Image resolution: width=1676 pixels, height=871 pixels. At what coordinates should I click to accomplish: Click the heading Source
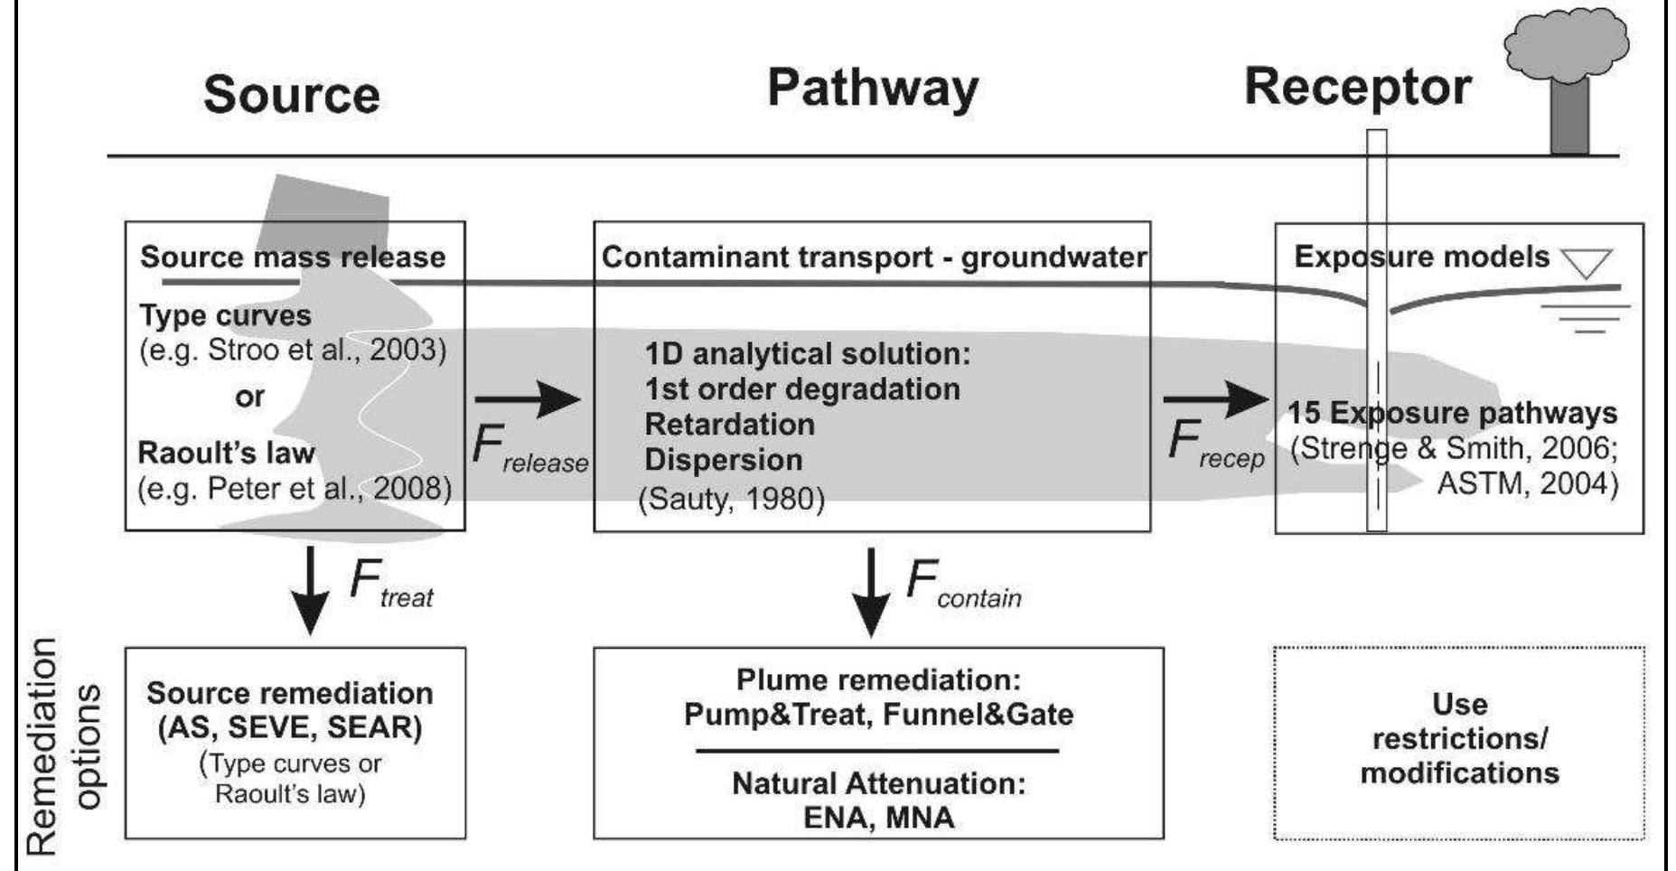[291, 94]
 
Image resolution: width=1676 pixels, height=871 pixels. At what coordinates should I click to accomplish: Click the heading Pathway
[872, 89]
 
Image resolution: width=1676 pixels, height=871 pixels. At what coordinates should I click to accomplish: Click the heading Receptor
[1357, 88]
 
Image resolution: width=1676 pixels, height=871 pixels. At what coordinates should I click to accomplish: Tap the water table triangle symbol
[1587, 263]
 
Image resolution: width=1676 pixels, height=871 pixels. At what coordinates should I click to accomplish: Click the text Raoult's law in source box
[226, 452]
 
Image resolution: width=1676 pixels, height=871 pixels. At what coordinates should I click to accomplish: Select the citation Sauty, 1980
[731, 499]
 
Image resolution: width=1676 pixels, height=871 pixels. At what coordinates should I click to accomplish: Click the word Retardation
[729, 424]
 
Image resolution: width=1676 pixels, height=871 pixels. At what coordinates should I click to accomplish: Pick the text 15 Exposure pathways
[1452, 413]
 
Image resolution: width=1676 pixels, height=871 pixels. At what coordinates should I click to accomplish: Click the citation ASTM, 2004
[1526, 483]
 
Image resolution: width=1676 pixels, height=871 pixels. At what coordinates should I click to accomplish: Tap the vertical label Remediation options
[63, 745]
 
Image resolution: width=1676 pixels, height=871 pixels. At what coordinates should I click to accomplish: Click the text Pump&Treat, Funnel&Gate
[878, 715]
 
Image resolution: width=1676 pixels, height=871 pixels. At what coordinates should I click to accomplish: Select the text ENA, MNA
[878, 818]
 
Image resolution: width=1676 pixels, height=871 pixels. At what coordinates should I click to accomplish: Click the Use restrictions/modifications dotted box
[1459, 741]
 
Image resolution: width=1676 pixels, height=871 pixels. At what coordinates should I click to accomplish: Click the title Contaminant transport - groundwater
[873, 258]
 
